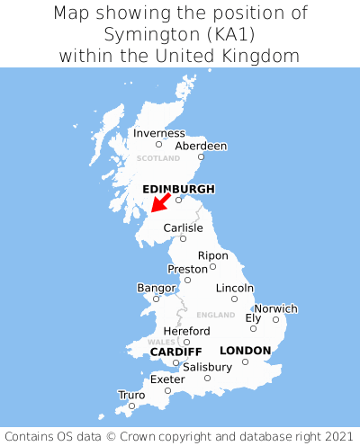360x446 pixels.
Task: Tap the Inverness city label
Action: tap(158, 133)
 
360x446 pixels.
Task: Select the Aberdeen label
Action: tap(201, 146)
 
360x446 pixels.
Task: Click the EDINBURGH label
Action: tap(178, 189)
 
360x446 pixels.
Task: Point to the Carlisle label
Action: tap(183, 227)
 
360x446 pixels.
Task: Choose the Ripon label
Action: tap(212, 255)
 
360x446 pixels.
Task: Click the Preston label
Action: tap(187, 269)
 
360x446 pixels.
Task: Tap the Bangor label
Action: tap(156, 288)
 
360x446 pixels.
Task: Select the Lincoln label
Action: tap(235, 288)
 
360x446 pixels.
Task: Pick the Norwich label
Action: tap(275, 308)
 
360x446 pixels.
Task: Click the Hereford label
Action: tap(186, 331)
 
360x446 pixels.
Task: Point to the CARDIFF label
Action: tap(175, 351)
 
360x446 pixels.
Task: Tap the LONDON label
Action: tap(245, 350)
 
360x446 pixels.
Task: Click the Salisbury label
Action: tap(207, 367)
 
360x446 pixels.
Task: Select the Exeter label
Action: tap(167, 379)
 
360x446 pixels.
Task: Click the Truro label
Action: tap(131, 395)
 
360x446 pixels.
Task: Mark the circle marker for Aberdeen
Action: tap(202, 157)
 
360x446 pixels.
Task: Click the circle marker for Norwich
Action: tap(275, 319)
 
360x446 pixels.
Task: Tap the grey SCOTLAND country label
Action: tap(158, 158)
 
